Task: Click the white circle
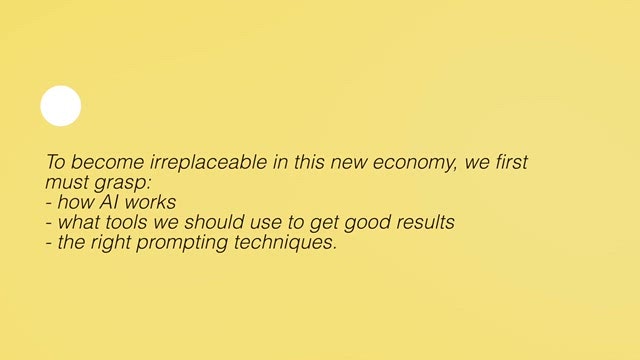(61, 106)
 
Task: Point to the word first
(511, 162)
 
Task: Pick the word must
(67, 182)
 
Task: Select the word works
(150, 202)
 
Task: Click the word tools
(126, 222)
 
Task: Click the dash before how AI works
(49, 203)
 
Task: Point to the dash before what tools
(49, 223)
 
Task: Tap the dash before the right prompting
(49, 243)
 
